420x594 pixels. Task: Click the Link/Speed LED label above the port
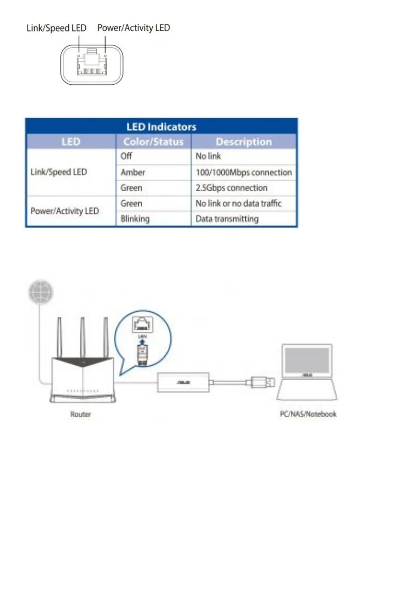click(x=56, y=28)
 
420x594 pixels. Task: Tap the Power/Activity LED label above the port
click(x=133, y=28)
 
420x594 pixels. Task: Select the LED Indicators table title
click(x=161, y=127)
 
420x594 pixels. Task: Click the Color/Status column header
click(x=153, y=142)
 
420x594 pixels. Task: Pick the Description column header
click(x=244, y=142)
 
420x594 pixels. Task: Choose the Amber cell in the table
click(x=133, y=172)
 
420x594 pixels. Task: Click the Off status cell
click(x=126, y=156)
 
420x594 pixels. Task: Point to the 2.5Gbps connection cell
click(x=232, y=188)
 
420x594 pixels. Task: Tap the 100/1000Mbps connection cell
click(x=244, y=172)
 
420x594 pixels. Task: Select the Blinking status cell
click(x=135, y=219)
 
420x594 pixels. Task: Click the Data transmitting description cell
click(x=227, y=219)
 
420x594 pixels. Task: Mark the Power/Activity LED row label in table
click(x=65, y=211)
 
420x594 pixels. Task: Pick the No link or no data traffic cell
click(x=239, y=204)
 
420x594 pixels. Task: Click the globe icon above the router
click(x=41, y=292)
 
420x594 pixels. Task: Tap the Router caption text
click(x=80, y=414)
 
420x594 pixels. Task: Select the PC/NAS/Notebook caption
click(x=308, y=414)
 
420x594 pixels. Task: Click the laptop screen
click(x=307, y=360)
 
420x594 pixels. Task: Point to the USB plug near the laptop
click(x=263, y=382)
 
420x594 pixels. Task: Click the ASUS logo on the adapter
click(x=183, y=382)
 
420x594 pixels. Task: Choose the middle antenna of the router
click(x=82, y=337)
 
